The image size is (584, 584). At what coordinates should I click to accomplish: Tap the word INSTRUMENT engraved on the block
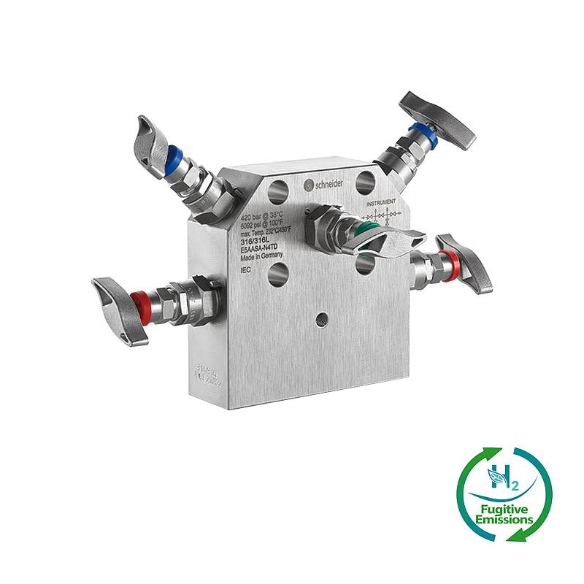(x=382, y=201)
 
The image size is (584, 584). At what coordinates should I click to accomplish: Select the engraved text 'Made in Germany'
(x=261, y=257)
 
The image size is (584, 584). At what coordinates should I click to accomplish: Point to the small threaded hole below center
(x=320, y=320)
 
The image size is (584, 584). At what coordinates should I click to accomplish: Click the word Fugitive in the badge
(x=505, y=508)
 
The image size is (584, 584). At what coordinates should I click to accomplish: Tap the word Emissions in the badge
(x=504, y=520)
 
